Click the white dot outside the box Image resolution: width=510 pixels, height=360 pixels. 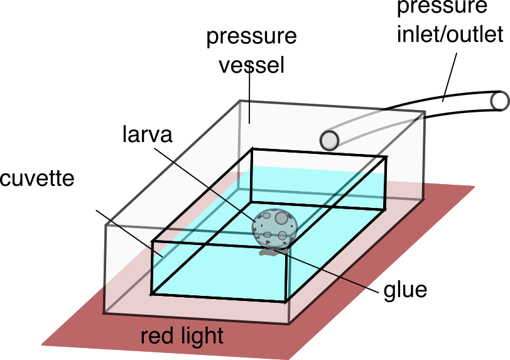point(499,101)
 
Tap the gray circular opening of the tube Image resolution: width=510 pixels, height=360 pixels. point(329,140)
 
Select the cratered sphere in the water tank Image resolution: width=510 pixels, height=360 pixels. point(274,227)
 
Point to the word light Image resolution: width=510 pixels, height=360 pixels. point(200,336)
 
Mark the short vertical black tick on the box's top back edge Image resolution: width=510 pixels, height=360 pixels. point(249,113)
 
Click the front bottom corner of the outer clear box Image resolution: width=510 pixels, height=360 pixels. point(289,324)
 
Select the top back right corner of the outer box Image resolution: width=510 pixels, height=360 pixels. point(423,114)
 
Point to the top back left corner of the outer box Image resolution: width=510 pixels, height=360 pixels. point(241,102)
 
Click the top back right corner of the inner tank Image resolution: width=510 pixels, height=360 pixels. point(386,157)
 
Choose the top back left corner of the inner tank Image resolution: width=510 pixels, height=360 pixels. point(252,149)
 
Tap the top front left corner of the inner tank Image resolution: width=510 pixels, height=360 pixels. point(153,241)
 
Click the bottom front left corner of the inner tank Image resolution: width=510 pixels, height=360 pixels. point(151,293)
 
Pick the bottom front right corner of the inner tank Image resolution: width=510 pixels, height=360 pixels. point(286,302)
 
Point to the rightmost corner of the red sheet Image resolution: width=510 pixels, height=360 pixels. point(474,186)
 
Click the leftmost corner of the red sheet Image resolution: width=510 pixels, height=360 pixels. point(41,345)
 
